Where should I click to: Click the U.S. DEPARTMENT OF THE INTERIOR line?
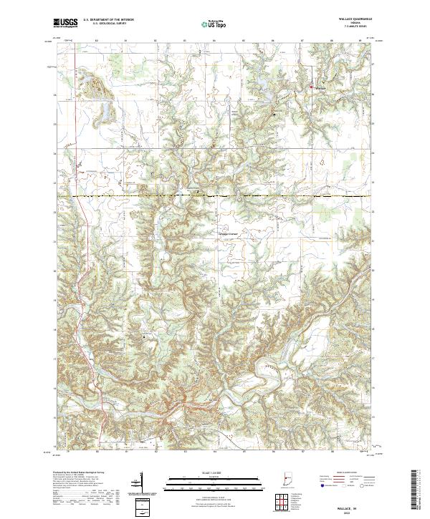pyautogui.click(x=108, y=20)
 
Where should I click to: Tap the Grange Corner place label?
pyautogui.click(x=227, y=234)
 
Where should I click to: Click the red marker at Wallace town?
pyautogui.click(x=311, y=87)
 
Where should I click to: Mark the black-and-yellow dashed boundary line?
pyautogui.click(x=215, y=195)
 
